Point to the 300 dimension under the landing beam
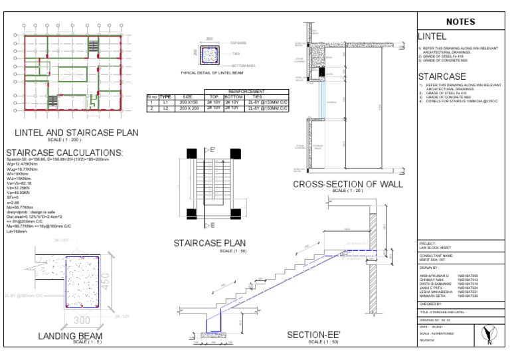click(x=81, y=320)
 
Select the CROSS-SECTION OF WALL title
click(x=347, y=184)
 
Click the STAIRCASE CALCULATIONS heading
click(x=73, y=153)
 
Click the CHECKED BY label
click(x=432, y=302)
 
